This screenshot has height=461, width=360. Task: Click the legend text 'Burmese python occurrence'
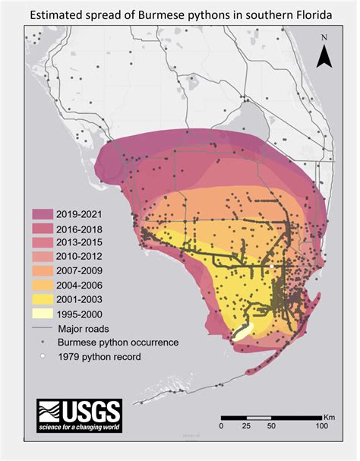pyautogui.click(x=118, y=343)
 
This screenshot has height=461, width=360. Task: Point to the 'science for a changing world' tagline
pyautogui.click(x=79, y=429)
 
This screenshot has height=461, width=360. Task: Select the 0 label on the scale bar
pyautogui.click(x=222, y=426)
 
